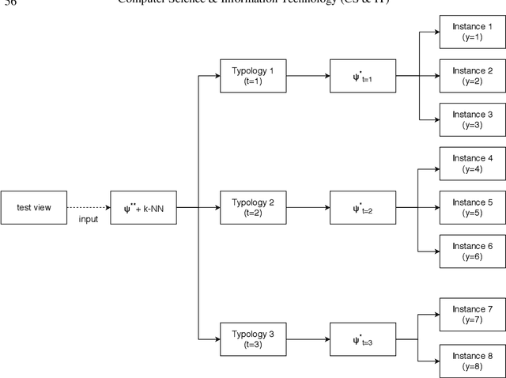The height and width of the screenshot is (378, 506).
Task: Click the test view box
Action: point(34,207)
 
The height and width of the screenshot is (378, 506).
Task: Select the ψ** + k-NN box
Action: point(144,207)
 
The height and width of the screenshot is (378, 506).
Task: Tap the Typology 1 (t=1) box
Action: point(254,76)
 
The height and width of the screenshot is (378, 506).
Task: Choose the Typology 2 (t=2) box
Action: point(254,207)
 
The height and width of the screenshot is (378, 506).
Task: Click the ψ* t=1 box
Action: point(363,76)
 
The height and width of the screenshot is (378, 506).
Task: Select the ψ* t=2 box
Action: point(363,207)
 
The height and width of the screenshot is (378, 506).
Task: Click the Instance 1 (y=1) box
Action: point(472,32)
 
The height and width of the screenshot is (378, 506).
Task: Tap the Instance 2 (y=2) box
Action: point(472,76)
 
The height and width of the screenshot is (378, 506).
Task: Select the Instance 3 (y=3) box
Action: point(472,119)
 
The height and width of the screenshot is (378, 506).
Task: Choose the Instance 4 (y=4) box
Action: point(472,164)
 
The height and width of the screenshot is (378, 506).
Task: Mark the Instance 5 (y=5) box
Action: point(472,207)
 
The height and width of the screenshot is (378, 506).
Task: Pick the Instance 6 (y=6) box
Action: point(472,251)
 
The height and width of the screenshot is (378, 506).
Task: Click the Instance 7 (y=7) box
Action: point(472,314)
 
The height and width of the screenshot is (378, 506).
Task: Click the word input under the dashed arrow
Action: point(88,219)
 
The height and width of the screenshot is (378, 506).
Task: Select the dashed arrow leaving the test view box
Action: point(89,207)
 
